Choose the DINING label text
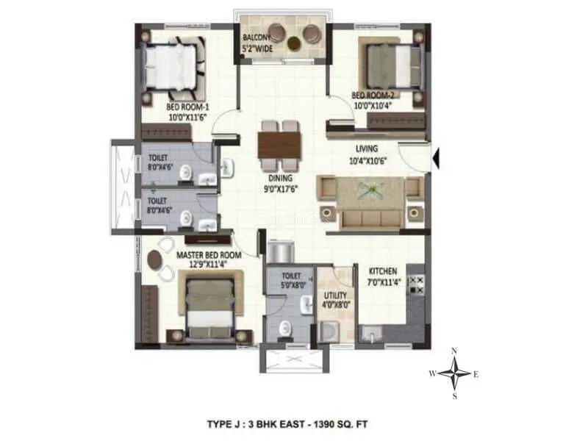point(281,178)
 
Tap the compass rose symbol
point(456,374)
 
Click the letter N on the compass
point(456,351)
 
